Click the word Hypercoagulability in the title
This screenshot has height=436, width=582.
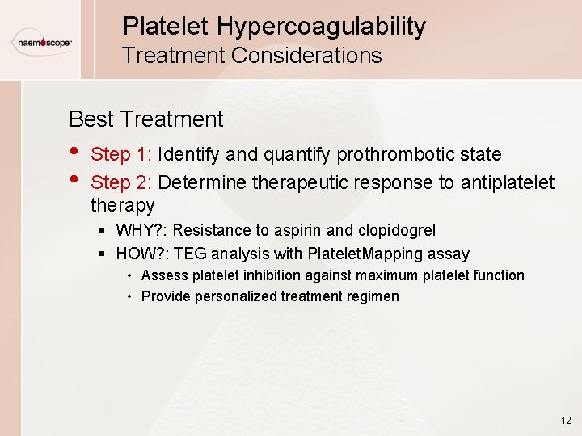pos(321,26)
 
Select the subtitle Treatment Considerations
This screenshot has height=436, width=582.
pos(251,56)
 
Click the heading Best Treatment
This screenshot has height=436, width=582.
pos(145,119)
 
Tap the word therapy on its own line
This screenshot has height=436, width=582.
pos(122,205)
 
